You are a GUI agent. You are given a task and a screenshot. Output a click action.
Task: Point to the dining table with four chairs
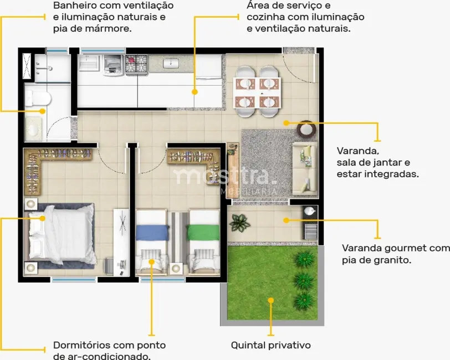pos(257,91)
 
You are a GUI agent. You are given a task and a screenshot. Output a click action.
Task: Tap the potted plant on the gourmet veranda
pos(239,223)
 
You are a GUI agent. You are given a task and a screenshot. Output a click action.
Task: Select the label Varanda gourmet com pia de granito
pos(396,253)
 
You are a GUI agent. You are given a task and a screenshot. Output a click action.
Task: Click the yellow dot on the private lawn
pos(271,301)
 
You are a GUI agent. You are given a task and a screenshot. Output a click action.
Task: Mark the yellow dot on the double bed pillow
pos(43,218)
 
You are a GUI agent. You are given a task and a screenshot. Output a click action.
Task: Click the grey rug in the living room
pos(266,163)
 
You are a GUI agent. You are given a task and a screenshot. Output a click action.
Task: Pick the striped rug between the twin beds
pos(178,235)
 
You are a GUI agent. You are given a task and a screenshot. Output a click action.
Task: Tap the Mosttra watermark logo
pos(224,177)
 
